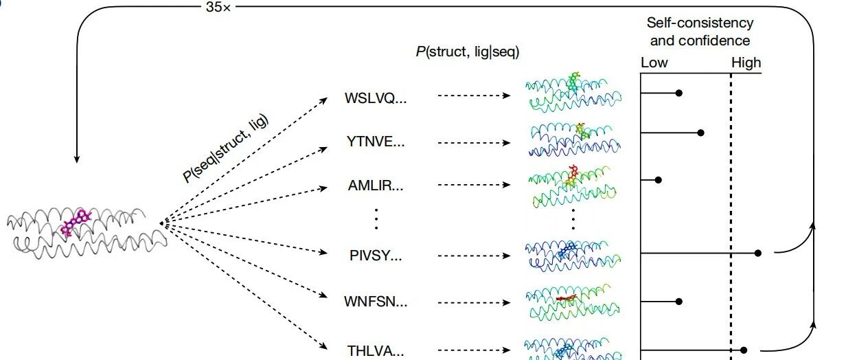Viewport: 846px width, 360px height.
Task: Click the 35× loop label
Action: coord(218,7)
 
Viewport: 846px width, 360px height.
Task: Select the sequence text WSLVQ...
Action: coord(376,98)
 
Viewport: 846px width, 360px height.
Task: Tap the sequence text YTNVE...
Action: coord(376,142)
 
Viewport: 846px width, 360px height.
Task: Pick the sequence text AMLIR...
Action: coord(376,185)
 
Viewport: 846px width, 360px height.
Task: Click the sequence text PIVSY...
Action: coord(376,256)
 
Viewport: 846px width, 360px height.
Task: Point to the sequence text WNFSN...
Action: coord(376,302)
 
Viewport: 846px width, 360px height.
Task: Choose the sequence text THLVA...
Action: coord(376,351)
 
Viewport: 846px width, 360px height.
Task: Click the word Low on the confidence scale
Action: coord(654,63)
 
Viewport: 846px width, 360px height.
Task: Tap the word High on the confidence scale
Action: coord(746,63)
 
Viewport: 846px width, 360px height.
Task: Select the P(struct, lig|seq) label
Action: coord(468,52)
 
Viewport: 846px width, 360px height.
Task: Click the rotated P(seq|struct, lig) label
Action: coord(225,148)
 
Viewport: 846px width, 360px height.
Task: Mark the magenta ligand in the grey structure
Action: coord(77,223)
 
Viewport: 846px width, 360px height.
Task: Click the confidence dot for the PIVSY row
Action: coord(757,253)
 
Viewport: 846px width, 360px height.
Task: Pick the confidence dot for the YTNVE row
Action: coord(700,133)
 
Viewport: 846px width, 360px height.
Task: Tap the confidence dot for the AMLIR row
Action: coord(658,180)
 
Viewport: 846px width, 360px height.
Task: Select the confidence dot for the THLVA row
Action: coord(744,350)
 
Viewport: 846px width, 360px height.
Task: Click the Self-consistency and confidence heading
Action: coord(700,32)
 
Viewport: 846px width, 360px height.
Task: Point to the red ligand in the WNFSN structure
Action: coord(566,298)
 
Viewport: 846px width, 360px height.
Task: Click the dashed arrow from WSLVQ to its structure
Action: coord(474,95)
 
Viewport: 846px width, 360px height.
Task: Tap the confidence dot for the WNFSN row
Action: coord(678,302)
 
